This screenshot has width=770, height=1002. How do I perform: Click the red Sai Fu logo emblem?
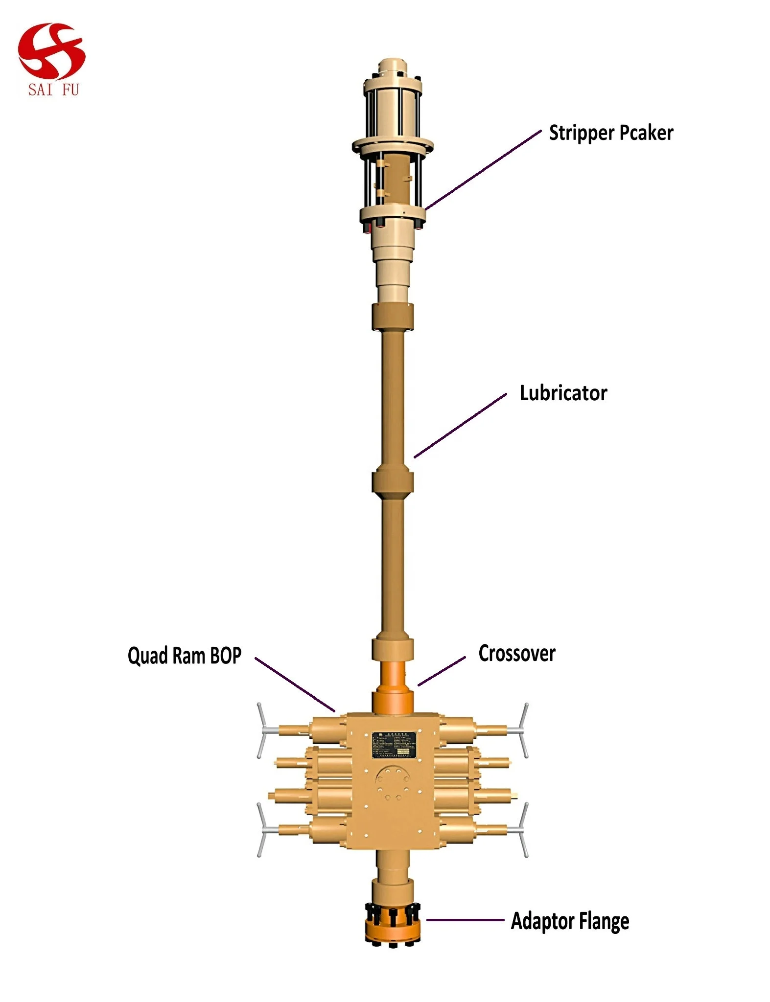(51, 51)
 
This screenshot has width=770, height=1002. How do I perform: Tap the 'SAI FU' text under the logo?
(53, 90)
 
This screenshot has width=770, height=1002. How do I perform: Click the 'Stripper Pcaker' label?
(610, 133)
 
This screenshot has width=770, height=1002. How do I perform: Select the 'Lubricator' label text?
(563, 393)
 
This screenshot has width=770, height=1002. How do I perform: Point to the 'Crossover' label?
(517, 654)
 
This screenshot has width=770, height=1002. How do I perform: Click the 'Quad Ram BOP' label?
(185, 656)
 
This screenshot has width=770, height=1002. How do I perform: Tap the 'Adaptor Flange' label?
(570, 921)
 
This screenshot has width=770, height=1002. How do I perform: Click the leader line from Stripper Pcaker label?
(483, 170)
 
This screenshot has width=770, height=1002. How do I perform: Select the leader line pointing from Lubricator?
(460, 426)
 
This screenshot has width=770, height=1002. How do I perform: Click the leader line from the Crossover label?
(442, 671)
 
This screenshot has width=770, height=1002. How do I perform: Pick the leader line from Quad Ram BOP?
(295, 684)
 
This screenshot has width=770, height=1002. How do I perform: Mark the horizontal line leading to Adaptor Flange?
(465, 920)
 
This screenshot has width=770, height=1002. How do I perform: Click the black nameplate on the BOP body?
(394, 745)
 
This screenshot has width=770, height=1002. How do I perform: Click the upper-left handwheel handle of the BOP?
(262, 730)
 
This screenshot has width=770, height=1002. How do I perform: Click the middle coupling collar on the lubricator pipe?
(393, 482)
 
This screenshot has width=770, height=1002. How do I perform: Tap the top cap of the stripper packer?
(393, 66)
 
